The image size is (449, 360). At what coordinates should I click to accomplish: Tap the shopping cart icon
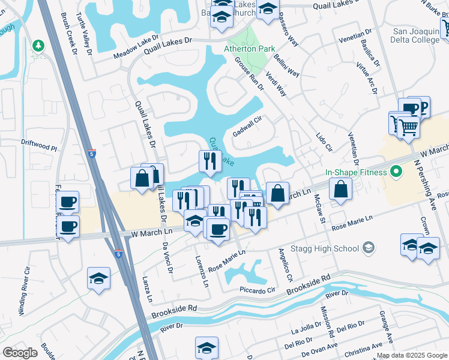click(408, 127)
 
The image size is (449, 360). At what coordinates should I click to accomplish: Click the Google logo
click(20, 353)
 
